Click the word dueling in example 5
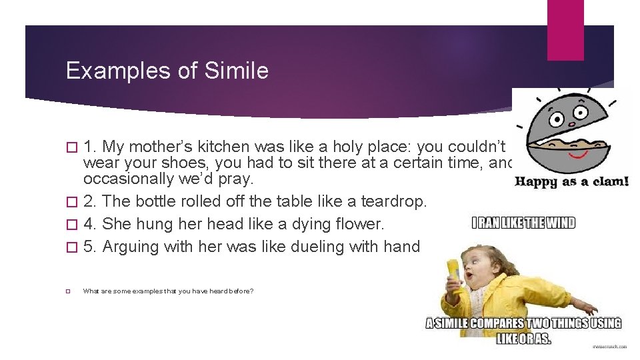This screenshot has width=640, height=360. pyautogui.click(x=322, y=247)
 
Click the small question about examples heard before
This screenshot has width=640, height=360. pyautogui.click(x=168, y=291)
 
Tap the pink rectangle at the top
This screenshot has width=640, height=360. pyautogui.click(x=565, y=30)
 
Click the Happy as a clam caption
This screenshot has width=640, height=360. pyautogui.click(x=572, y=181)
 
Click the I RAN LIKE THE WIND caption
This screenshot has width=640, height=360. pyautogui.click(x=523, y=223)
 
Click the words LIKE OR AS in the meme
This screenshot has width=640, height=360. pyautogui.click(x=523, y=339)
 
